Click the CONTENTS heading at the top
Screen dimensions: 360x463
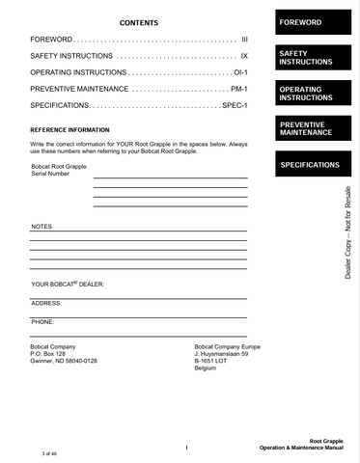click(x=138, y=22)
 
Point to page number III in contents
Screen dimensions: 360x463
click(x=244, y=40)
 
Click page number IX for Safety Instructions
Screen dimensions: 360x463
click(x=244, y=57)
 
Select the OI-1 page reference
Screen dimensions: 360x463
click(x=240, y=72)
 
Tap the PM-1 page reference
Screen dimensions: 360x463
click(x=239, y=89)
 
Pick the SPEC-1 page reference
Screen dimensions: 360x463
click(x=235, y=105)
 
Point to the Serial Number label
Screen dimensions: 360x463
click(x=50, y=175)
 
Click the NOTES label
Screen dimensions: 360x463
click(x=42, y=226)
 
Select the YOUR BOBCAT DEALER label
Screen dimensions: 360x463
click(x=67, y=285)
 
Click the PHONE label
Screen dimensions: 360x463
click(x=42, y=321)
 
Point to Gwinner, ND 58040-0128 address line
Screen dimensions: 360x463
click(x=64, y=361)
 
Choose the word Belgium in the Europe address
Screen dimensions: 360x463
click(x=206, y=368)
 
